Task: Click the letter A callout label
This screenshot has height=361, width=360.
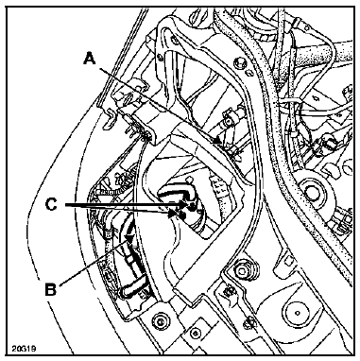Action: pyautogui.click(x=90, y=59)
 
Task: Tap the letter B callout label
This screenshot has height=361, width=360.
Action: pyautogui.click(x=50, y=289)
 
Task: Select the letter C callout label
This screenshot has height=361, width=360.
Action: pyautogui.click(x=51, y=205)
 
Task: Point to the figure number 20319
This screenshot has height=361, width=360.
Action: pyautogui.click(x=24, y=349)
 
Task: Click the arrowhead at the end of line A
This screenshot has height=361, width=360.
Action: pyautogui.click(x=218, y=141)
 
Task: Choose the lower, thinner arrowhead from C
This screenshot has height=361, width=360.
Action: pyautogui.click(x=172, y=214)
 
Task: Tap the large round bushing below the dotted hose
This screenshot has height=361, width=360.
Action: pyautogui.click(x=313, y=190)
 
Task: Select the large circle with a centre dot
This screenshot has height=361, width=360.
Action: pyautogui.click(x=297, y=313)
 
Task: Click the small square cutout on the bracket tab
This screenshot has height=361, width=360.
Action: pyautogui.click(x=287, y=261)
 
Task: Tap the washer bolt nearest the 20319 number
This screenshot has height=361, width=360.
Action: pyautogui.click(x=160, y=321)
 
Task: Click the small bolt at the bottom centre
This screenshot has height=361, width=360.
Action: pyautogui.click(x=196, y=334)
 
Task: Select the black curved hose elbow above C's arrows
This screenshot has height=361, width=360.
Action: pyautogui.click(x=178, y=193)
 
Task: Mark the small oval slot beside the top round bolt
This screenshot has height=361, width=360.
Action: pyautogui.click(x=250, y=73)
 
